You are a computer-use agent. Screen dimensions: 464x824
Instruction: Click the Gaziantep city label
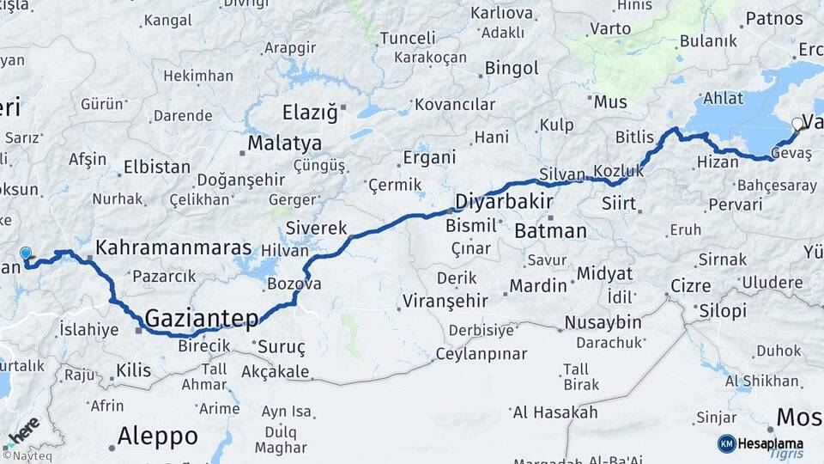[202, 319]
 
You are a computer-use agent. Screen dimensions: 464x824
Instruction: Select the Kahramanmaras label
[173, 247]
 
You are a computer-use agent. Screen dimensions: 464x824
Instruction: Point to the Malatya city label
[285, 143]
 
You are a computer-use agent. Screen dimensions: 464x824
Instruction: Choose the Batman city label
[551, 230]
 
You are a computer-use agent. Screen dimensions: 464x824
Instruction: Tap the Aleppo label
[157, 436]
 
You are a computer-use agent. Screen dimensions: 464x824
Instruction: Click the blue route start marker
[26, 253]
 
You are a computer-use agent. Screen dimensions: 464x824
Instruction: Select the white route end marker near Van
[797, 125]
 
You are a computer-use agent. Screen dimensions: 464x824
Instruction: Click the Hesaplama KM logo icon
[727, 443]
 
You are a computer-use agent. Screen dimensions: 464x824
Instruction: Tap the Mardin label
[539, 285]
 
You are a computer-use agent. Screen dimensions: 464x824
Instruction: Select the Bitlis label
[634, 137]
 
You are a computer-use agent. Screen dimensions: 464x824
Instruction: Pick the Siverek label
[316, 229]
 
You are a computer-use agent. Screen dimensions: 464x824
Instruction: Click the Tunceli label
[409, 39]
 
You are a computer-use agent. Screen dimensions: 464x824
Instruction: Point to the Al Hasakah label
[554, 412]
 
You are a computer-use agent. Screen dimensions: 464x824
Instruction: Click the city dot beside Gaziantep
[139, 328]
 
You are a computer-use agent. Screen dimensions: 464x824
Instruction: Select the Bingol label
[512, 68]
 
